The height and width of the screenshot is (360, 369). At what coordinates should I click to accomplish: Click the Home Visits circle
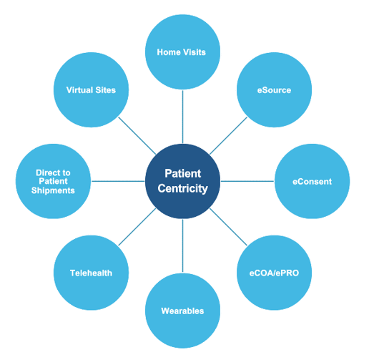point(182,52)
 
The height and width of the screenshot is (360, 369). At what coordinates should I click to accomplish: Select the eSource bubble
point(274,90)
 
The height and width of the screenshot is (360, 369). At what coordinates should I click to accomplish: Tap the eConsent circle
point(312,181)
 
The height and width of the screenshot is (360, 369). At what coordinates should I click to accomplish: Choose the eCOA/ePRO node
point(274,273)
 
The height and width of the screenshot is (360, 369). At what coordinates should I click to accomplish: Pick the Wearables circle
point(182,311)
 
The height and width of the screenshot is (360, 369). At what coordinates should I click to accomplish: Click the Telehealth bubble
point(91,273)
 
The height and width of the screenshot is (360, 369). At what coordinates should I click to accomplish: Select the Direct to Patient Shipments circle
point(53,181)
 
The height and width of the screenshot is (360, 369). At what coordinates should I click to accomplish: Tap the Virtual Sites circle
point(91,90)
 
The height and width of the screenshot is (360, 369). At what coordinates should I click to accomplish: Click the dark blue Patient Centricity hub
point(182,181)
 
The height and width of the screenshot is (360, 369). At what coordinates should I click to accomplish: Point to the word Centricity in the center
point(182,189)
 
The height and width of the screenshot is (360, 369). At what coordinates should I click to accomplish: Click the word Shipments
point(53,190)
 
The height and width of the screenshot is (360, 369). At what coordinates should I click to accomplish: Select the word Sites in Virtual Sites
point(104,90)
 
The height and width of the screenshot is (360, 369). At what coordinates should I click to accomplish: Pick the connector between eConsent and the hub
point(247,181)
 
